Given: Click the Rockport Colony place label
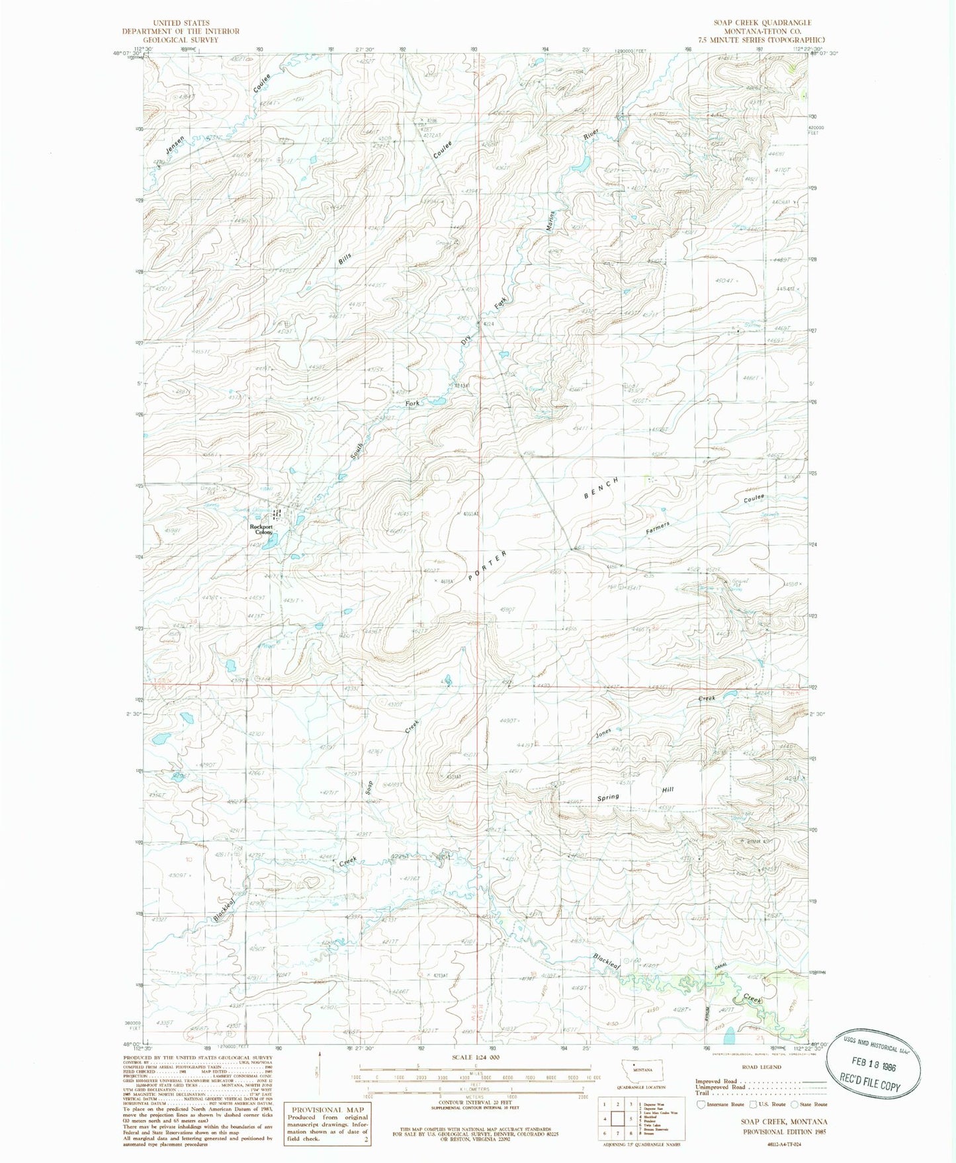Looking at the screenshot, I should tap(261, 529).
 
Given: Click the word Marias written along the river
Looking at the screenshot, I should tap(549, 220).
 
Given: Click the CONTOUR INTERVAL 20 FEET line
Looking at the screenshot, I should tap(476, 1102).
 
